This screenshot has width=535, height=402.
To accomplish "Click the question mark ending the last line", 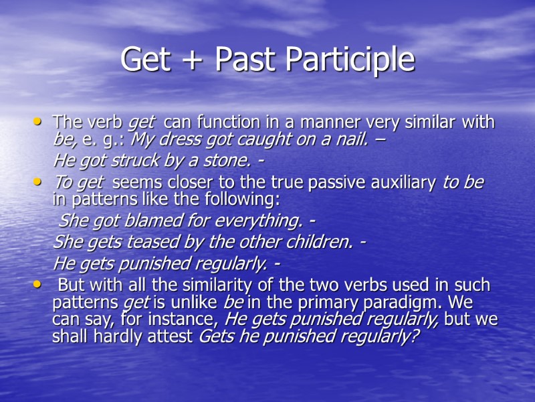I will tap(415, 336).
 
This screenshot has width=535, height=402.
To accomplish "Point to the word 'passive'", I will tap(323, 183).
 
